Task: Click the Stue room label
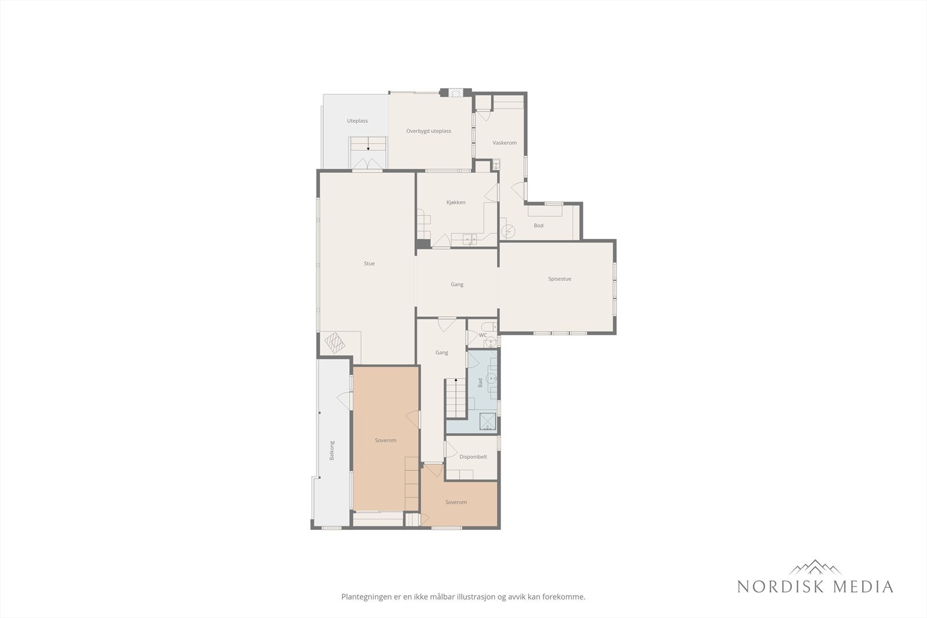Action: (x=369, y=264)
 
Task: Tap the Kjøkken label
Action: (x=456, y=203)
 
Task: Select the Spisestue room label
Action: (x=560, y=279)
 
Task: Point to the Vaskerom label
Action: (x=505, y=142)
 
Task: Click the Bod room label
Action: (x=539, y=226)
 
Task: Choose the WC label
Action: (x=483, y=335)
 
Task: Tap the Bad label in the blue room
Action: (x=480, y=383)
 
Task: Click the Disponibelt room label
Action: (x=473, y=457)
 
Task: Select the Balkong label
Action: (x=332, y=451)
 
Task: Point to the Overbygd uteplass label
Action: (x=429, y=131)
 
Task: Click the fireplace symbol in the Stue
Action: (x=335, y=343)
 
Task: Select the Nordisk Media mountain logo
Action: (x=815, y=568)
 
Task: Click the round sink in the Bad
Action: (x=492, y=379)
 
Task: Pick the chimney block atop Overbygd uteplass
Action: (x=454, y=92)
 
